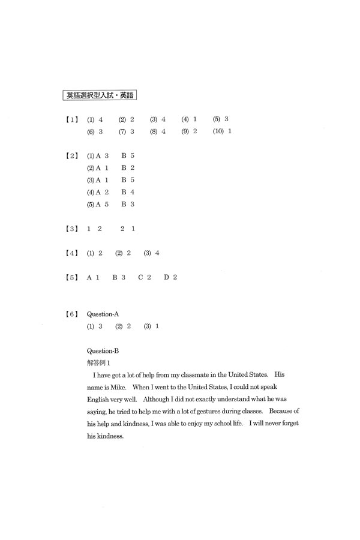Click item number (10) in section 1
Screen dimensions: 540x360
click(218, 131)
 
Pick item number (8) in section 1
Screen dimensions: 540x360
click(153, 131)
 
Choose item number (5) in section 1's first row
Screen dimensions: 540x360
click(216, 119)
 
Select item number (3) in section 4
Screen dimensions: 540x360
click(148, 253)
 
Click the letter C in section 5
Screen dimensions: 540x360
click(141, 277)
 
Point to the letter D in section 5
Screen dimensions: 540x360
click(166, 277)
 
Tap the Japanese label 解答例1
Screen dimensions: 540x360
click(99, 362)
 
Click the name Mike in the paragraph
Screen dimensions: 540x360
click(118, 388)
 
